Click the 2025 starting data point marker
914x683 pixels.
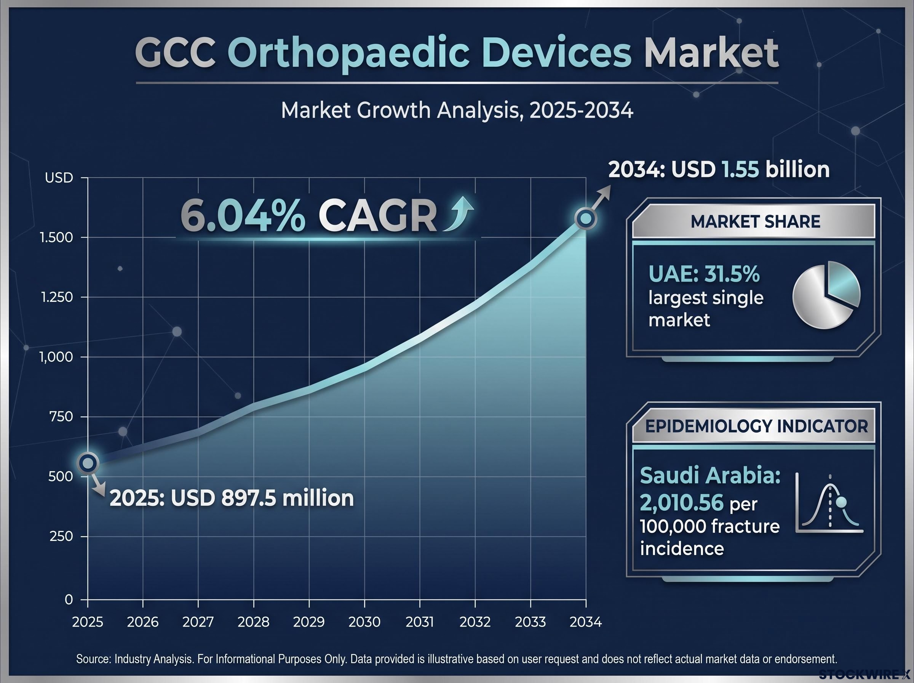tap(88, 463)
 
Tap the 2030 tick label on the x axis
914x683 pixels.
tap(364, 621)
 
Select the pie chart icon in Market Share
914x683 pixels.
tap(826, 294)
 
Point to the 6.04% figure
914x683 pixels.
tap(243, 217)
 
